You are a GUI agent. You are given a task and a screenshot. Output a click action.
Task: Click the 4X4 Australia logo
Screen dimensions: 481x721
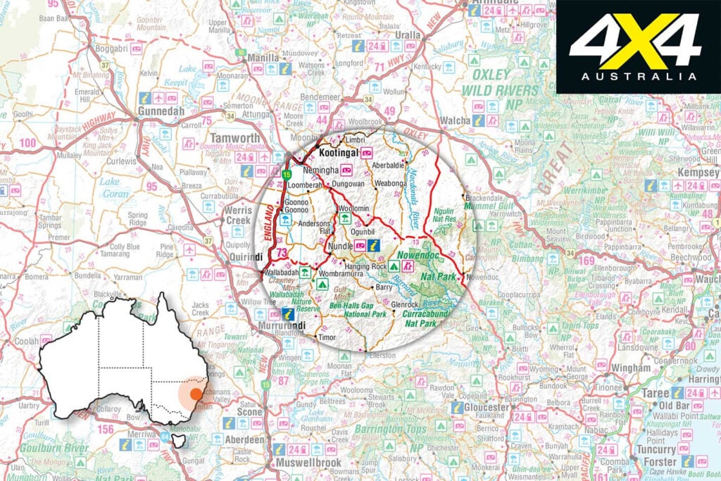[x=637, y=47]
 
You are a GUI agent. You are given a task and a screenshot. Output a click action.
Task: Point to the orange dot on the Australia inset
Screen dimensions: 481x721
[x=197, y=394]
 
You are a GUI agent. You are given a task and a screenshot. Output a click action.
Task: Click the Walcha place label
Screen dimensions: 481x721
[x=455, y=121]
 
